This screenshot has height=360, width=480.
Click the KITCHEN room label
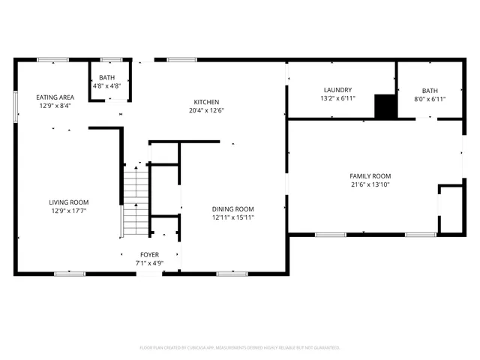(x=206, y=101)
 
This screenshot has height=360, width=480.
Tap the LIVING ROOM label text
(x=69, y=202)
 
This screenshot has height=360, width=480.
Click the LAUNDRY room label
(x=337, y=89)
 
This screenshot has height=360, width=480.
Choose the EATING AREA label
(x=55, y=97)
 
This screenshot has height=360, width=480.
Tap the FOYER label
(x=148, y=255)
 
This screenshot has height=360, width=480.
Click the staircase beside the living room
(x=136, y=201)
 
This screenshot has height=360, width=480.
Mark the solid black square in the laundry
(x=385, y=106)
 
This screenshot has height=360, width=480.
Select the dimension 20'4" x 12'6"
(x=206, y=110)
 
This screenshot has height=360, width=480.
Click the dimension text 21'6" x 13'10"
(x=370, y=184)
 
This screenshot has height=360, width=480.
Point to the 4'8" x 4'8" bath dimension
(x=107, y=86)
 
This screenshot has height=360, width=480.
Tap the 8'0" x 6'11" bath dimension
(x=429, y=98)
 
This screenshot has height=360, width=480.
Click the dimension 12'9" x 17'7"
(x=69, y=211)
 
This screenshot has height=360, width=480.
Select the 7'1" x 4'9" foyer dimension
(x=148, y=263)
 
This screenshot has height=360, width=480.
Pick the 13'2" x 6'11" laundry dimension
(x=337, y=98)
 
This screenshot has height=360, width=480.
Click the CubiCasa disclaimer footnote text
(x=240, y=348)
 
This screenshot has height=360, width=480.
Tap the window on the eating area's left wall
(x=16, y=105)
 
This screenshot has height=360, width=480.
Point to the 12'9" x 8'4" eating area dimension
(x=55, y=106)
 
